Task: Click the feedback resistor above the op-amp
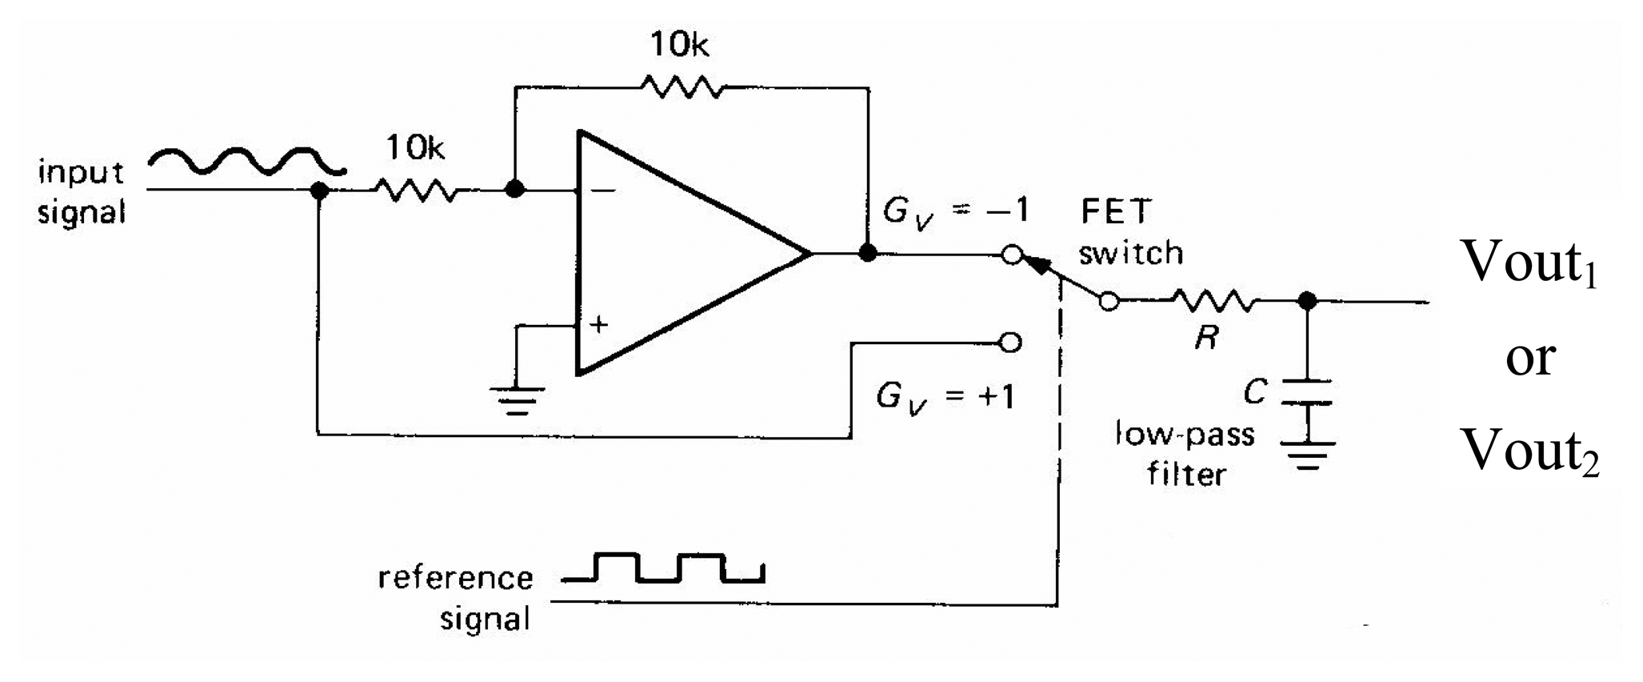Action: click(x=682, y=86)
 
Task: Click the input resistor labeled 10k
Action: click(x=416, y=191)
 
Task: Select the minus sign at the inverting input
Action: click(x=605, y=191)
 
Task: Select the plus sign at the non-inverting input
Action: click(x=598, y=324)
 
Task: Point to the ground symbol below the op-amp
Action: click(x=517, y=400)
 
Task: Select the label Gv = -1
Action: click(x=954, y=212)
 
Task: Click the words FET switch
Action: click(x=1129, y=233)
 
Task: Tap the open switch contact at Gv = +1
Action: click(x=1011, y=343)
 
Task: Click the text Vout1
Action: click(x=1529, y=263)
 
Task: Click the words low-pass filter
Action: click(x=1185, y=455)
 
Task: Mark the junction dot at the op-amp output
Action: click(x=868, y=254)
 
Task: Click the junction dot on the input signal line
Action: click(x=319, y=191)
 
